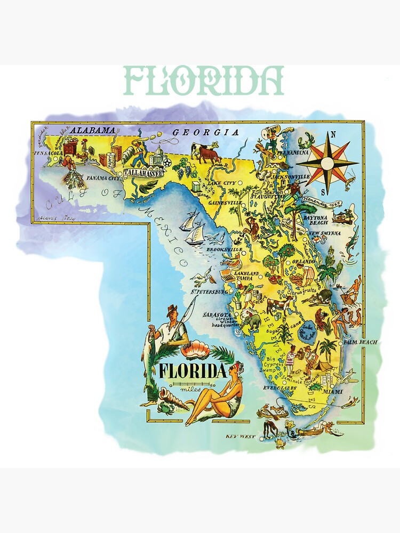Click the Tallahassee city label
(142, 173)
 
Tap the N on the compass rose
(334, 135)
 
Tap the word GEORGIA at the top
(205, 133)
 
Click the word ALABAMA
(93, 130)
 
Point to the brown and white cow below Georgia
(206, 154)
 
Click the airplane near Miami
(347, 378)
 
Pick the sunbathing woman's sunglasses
(234, 369)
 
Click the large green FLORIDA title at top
(203, 80)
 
